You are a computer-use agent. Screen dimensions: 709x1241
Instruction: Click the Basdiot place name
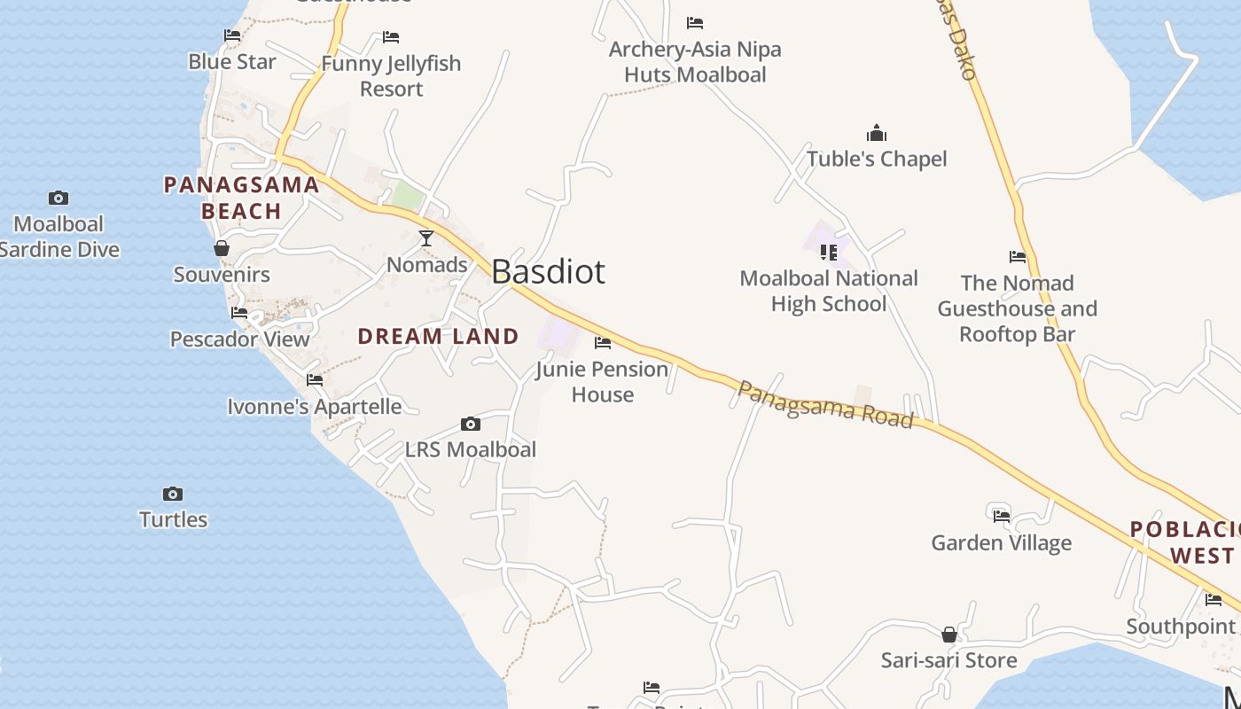coord(548,271)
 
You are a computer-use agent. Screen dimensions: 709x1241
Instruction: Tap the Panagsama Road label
coord(825,405)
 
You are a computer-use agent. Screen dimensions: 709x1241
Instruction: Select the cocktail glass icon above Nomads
coord(426,238)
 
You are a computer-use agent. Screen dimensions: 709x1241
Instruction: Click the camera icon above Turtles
coord(173,494)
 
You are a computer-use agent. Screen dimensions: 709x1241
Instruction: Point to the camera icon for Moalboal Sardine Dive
coord(59,198)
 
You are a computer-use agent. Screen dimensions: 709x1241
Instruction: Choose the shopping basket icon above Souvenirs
coord(222,248)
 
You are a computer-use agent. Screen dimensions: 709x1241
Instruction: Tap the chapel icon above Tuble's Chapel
coord(877,134)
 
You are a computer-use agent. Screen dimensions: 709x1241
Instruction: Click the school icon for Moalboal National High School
coord(829,253)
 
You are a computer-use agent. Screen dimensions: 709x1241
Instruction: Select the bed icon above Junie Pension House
coord(603,342)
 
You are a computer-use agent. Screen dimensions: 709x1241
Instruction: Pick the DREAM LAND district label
coord(438,336)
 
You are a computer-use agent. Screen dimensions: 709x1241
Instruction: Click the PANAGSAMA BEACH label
coord(241,198)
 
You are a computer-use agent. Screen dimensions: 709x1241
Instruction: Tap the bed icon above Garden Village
coord(1002,515)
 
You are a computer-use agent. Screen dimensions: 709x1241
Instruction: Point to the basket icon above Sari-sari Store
coord(949,635)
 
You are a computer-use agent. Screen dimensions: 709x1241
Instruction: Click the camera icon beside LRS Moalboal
coord(471,425)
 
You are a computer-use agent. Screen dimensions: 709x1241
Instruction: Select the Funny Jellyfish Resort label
coord(391,76)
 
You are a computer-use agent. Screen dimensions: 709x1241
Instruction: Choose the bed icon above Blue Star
coord(232,35)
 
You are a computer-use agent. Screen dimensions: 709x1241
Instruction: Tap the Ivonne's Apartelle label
coord(315,407)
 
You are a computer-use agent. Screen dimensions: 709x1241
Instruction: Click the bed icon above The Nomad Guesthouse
coord(1018,257)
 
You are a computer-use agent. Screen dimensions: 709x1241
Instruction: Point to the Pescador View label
coord(240,339)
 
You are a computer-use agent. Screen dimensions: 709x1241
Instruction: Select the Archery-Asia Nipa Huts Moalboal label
coord(695,62)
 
